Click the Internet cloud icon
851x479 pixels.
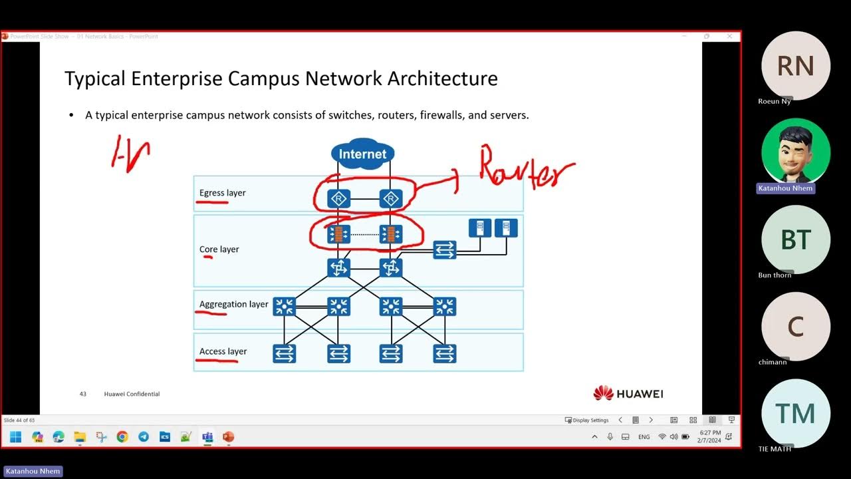coord(362,154)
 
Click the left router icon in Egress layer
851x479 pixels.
coord(339,199)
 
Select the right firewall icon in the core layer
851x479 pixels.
coord(391,234)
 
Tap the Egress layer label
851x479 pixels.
coord(223,193)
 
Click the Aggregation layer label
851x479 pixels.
coord(233,304)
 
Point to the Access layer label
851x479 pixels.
coord(223,351)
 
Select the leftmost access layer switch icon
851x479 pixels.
coord(285,354)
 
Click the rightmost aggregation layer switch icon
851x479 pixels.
coord(444,306)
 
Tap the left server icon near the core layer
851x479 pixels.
coord(479,228)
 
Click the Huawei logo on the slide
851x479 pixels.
coord(628,394)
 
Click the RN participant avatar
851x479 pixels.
coord(795,66)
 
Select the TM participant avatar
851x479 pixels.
coord(795,414)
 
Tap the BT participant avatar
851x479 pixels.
coord(795,239)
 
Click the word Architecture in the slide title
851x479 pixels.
coord(442,79)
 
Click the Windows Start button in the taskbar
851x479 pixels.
coord(16,437)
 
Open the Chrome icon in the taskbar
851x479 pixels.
coord(122,437)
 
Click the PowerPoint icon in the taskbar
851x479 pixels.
coord(228,437)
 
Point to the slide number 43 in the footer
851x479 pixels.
coord(83,394)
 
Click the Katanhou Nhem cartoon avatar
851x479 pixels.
coord(795,152)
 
